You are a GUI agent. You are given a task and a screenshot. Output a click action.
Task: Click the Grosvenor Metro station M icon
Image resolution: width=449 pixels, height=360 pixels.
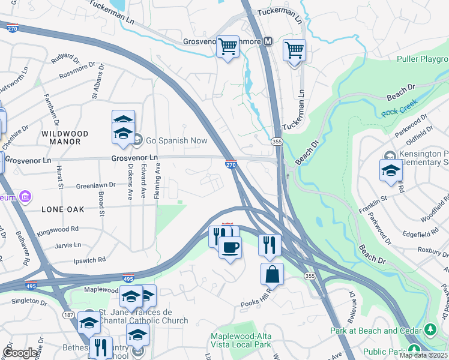click(268, 41)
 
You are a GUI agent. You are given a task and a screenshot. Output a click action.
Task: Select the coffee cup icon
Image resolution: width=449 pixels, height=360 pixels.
click(229, 247)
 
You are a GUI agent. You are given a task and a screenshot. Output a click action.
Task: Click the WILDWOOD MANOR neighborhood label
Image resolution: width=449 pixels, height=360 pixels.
click(65, 137)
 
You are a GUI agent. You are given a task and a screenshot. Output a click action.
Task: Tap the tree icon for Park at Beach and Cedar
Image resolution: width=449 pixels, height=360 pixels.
click(430, 329)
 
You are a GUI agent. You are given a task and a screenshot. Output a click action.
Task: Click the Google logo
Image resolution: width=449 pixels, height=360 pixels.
click(20, 353)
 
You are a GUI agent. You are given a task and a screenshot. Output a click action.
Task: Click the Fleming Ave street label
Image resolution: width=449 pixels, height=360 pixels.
click(158, 181)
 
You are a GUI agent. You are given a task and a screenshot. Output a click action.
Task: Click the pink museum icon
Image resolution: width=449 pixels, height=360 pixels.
click(25, 196)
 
